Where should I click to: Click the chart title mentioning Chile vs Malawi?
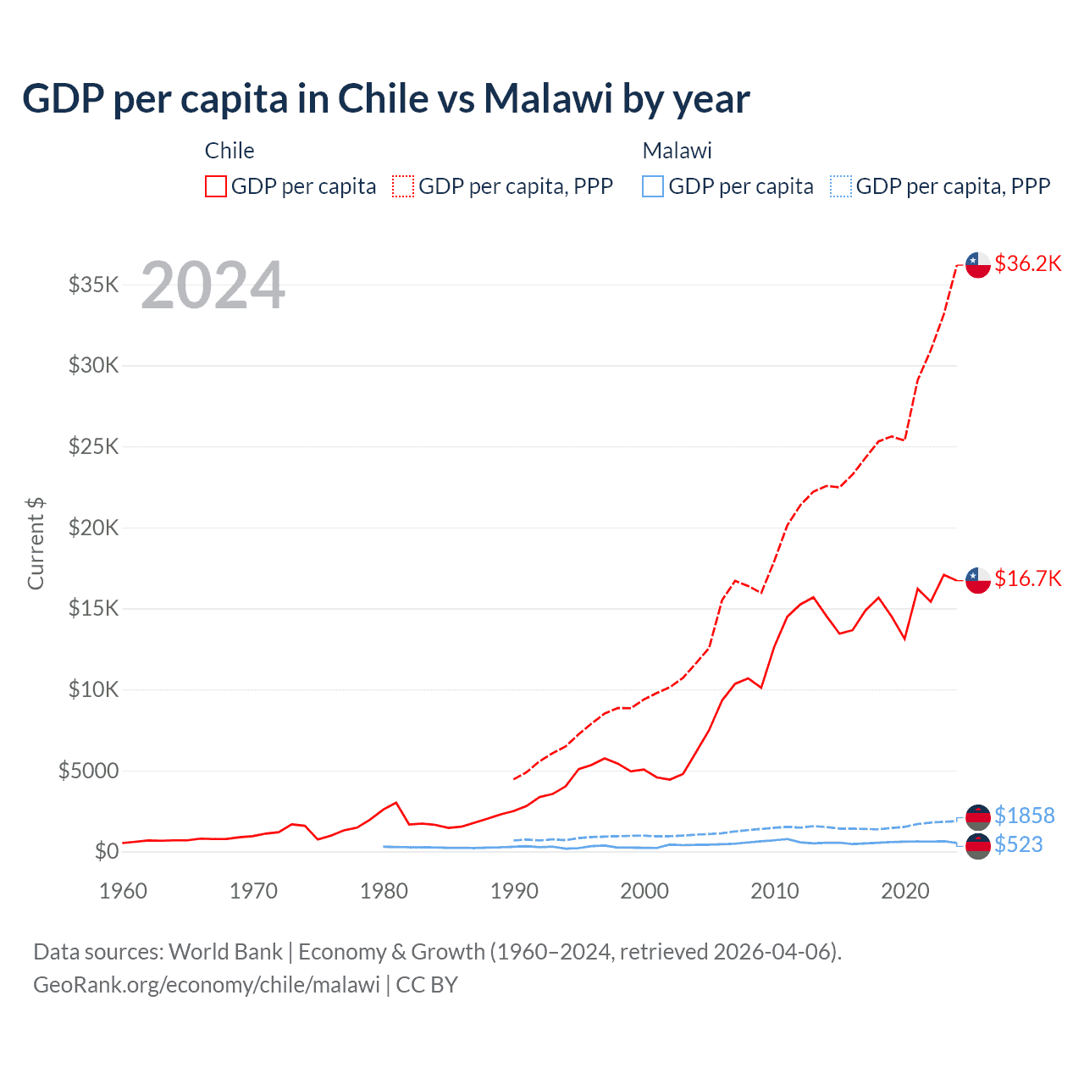386,99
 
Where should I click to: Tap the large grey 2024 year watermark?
213,285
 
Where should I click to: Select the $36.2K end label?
1027,263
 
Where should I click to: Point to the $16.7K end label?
1027,578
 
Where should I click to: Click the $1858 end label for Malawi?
1024,816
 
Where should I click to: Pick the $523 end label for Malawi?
1018,844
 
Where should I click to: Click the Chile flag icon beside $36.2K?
978,264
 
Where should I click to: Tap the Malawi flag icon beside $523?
978,845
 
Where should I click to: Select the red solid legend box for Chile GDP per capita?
216,186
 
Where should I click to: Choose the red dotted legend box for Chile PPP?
403,186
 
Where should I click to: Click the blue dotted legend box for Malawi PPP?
841,186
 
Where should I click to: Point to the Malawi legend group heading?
677,151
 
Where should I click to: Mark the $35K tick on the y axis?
94,285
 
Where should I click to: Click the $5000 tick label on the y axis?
88,771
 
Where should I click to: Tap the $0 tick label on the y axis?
106,851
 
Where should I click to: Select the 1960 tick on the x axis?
124,891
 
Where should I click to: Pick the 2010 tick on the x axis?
775,891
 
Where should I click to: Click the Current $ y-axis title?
36,544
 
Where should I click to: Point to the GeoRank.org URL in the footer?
207,985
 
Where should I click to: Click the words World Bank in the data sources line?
225,952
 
